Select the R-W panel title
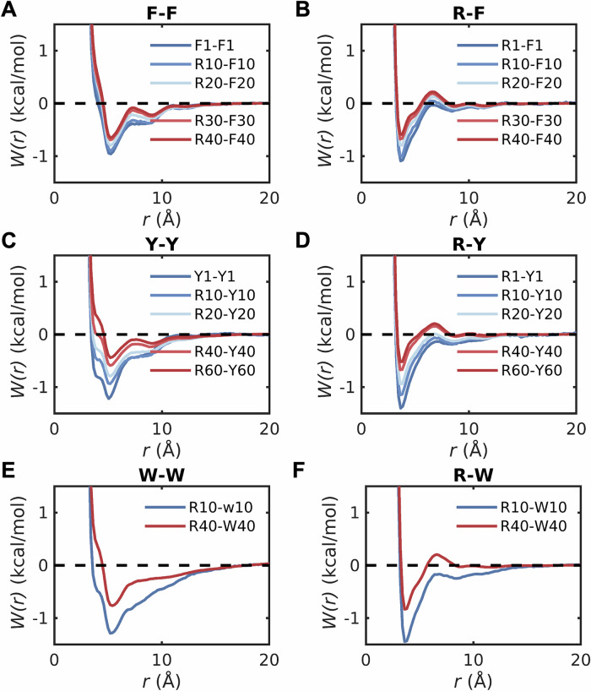point(472,476)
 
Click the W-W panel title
point(161,476)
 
